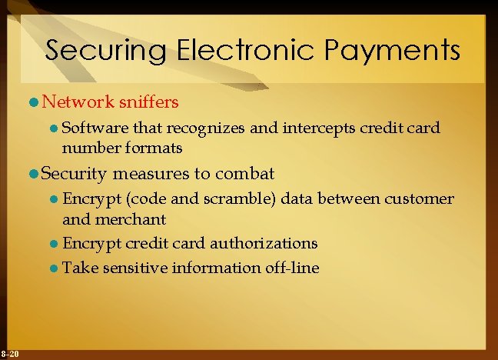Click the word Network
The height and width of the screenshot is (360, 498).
pyautogui.click(x=78, y=101)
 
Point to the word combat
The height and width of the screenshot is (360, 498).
pyautogui.click(x=245, y=173)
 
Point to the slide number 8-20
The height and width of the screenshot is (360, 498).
pyautogui.click(x=11, y=353)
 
